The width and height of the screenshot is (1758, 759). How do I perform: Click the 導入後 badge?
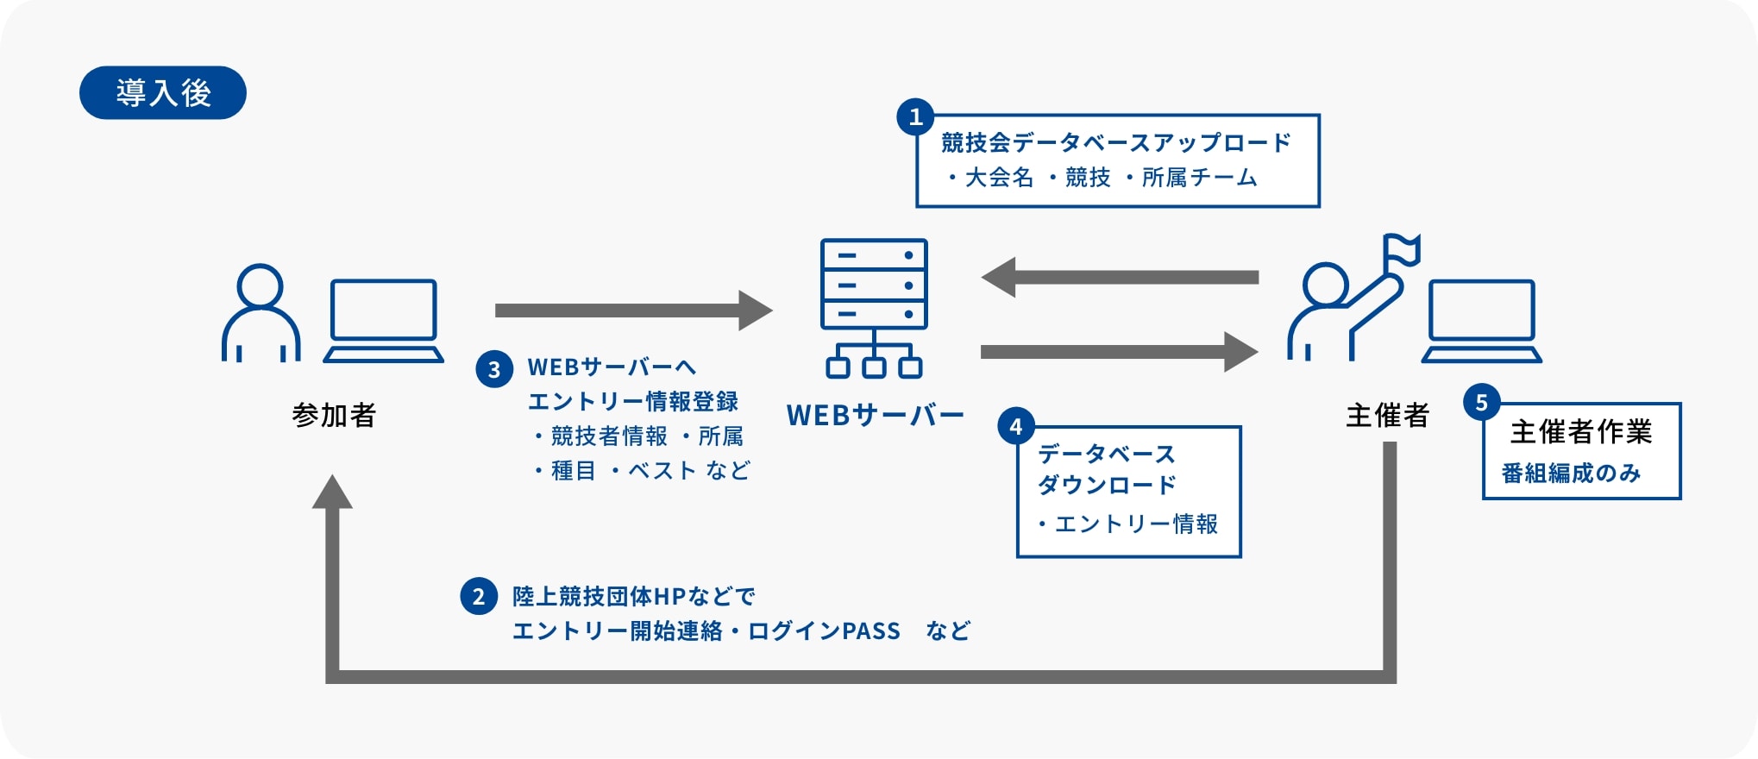pyautogui.click(x=163, y=92)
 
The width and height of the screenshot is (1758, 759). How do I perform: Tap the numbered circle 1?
pyautogui.click(x=915, y=116)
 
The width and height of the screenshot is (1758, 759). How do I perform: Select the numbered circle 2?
pyautogui.click(x=479, y=596)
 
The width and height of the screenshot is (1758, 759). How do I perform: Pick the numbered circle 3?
pyautogui.click(x=494, y=369)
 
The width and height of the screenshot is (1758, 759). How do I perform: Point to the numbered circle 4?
pyautogui.click(x=1016, y=426)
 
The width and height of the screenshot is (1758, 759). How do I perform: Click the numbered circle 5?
pyautogui.click(x=1482, y=402)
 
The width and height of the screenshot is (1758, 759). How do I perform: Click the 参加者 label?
pyautogui.click(x=334, y=416)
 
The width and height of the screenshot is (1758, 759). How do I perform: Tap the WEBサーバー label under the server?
pyautogui.click(x=875, y=416)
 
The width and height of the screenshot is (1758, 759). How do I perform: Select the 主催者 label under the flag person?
pyautogui.click(x=1387, y=416)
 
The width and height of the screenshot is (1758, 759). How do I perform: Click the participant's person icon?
pyautogui.click(x=261, y=312)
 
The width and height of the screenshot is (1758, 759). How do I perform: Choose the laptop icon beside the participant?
pyautogui.click(x=384, y=321)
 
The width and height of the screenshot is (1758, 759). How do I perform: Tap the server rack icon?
pyautogui.click(x=874, y=308)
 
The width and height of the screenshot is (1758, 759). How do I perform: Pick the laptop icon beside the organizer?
pyautogui.click(x=1482, y=321)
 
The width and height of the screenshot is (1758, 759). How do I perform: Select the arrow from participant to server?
pyautogui.click(x=634, y=310)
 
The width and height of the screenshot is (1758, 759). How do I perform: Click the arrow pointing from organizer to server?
pyautogui.click(x=1120, y=278)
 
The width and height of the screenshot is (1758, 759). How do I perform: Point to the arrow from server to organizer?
pyautogui.click(x=1120, y=352)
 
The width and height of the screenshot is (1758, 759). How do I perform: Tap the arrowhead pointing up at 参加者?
pyautogui.click(x=332, y=492)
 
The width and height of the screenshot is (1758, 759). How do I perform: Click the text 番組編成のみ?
pyautogui.click(x=1571, y=474)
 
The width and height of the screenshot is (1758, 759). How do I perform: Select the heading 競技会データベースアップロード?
pyautogui.click(x=1116, y=142)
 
